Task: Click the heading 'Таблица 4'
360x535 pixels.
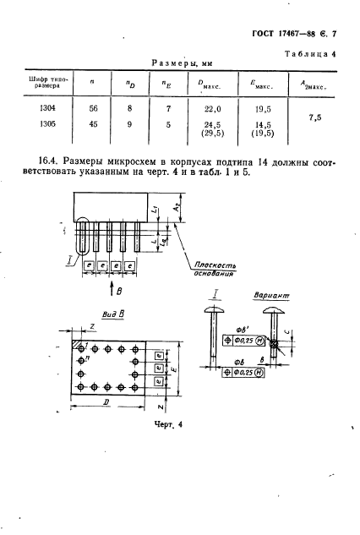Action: point(308,54)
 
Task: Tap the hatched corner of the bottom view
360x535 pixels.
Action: point(78,346)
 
